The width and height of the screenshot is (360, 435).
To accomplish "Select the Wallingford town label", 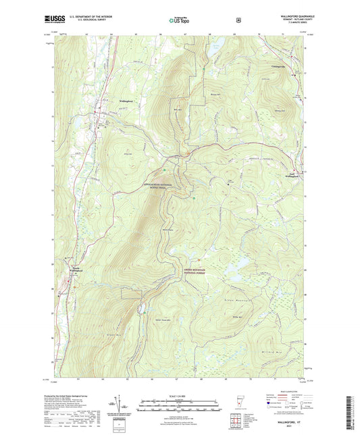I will [x=129, y=101].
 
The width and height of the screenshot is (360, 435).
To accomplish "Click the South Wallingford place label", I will [x=78, y=269].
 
